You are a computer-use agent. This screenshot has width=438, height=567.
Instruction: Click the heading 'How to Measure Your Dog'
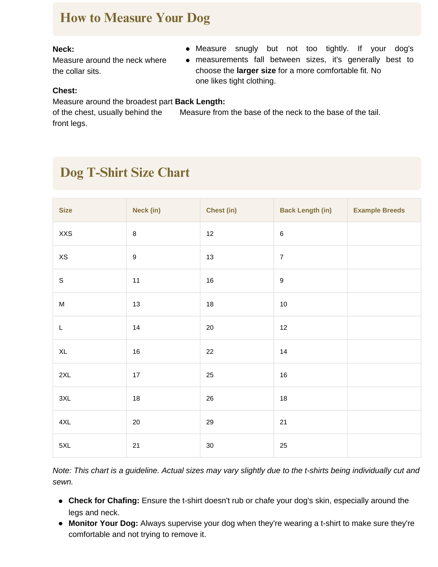[135, 18]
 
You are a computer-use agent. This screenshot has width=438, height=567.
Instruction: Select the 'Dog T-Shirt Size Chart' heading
[125, 173]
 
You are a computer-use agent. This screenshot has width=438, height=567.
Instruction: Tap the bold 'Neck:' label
[63, 49]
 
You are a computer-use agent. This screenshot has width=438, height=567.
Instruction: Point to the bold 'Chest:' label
[65, 91]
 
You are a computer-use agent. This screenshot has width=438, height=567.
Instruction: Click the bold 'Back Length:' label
[200, 102]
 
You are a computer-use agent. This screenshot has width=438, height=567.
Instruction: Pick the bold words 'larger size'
[256, 71]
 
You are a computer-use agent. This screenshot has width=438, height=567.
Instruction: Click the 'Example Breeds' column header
[379, 210]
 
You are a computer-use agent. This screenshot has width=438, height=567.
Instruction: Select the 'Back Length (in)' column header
[305, 210]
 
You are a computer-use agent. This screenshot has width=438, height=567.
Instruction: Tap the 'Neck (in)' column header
[147, 210]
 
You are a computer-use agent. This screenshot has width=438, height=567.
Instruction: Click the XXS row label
[65, 234]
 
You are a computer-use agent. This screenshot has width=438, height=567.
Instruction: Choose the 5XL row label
[65, 446]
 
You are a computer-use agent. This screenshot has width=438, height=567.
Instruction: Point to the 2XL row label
[65, 375]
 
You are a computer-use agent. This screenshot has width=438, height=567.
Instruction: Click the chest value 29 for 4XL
[210, 422]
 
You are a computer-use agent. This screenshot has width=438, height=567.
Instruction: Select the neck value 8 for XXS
[135, 234]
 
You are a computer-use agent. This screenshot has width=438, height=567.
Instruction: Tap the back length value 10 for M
[283, 304]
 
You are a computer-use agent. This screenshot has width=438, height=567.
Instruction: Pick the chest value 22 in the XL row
[210, 352]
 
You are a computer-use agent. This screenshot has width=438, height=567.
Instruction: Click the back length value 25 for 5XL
[283, 446]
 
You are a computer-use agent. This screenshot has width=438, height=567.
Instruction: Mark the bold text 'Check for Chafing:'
[104, 501]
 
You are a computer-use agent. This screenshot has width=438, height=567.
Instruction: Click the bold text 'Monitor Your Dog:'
[103, 524]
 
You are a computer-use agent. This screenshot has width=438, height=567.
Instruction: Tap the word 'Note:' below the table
[62, 471]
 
